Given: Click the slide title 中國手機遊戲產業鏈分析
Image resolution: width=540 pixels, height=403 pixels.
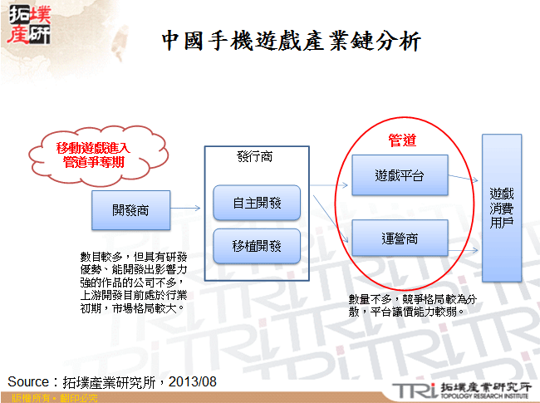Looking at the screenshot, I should [290, 41].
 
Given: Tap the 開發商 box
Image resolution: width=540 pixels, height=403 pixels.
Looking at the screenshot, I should [130, 209].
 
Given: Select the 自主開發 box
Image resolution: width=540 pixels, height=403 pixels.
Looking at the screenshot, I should [257, 203].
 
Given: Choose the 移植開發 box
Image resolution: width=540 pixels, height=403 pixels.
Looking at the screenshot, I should [257, 246].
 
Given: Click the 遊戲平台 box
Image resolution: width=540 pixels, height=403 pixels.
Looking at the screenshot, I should [400, 176].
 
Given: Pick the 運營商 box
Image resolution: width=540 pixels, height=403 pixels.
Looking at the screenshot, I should [400, 238].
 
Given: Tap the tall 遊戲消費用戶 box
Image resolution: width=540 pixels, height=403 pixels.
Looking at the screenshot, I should [501, 208].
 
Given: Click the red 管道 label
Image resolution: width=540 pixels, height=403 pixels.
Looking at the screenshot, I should [402, 140].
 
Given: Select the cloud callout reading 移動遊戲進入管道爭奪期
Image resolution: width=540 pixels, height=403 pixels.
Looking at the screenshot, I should [92, 154].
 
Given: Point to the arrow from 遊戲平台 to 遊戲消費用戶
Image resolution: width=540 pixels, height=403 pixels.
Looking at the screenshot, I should [464, 177].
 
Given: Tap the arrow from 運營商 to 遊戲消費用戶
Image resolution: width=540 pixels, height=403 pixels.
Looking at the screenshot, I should [464, 238].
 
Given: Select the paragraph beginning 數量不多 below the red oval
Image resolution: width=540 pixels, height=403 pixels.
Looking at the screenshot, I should [412, 306].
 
